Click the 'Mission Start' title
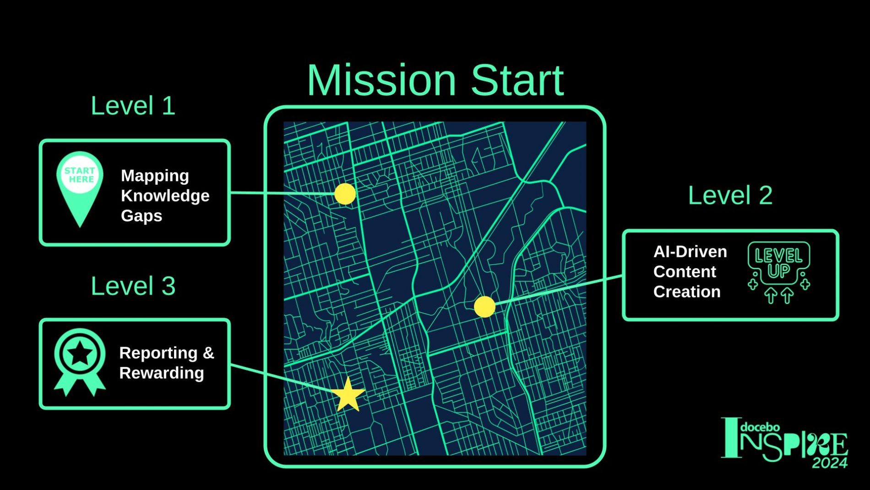pos(435,80)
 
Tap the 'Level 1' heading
pos(133,106)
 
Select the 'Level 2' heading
pos(730,195)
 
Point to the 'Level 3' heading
pos(133,286)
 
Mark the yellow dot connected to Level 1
pos(345,194)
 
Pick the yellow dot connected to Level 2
pos(484,307)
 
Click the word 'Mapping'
pos(155,176)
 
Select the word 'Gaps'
pos(141,216)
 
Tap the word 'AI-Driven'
pos(690,252)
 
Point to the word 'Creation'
pos(687,292)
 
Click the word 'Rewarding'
pos(162,373)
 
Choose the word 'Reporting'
pos(158,353)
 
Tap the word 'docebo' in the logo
pos(760,428)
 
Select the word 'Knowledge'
pos(165,196)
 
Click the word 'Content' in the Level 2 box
pos(685,272)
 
